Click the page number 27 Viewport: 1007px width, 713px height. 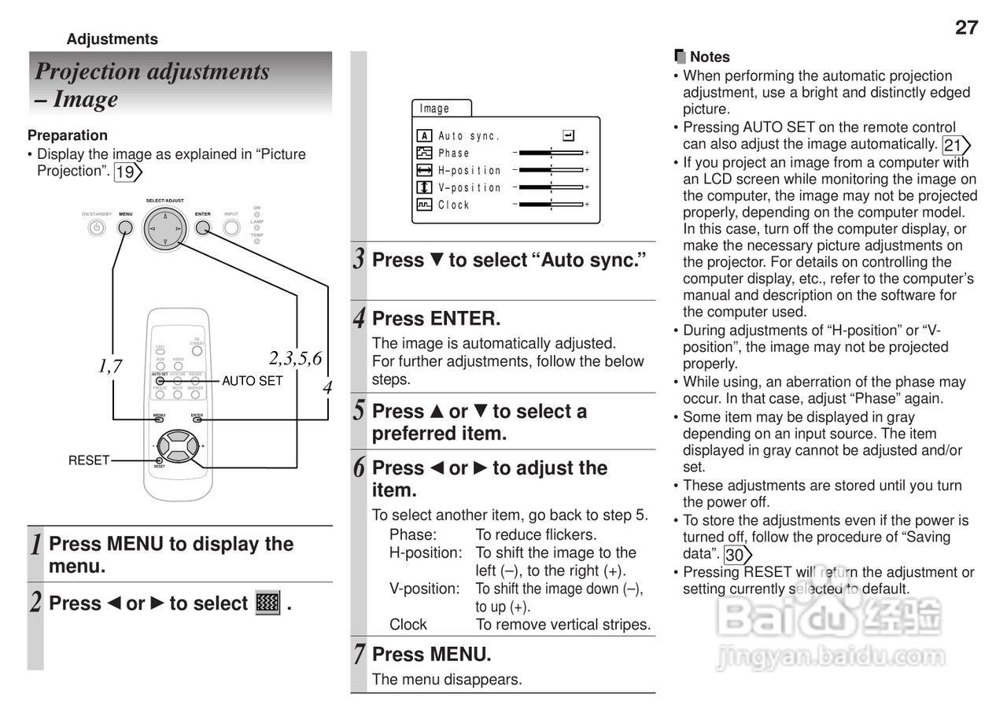point(966,28)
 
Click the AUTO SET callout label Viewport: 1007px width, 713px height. point(252,381)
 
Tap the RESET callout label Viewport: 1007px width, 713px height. point(88,460)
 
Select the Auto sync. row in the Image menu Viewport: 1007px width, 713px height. point(469,136)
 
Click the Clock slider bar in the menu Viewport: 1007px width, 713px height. point(551,205)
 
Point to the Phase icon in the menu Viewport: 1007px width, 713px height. point(424,153)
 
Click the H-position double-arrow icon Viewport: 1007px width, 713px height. point(424,170)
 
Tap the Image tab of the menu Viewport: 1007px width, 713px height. point(435,109)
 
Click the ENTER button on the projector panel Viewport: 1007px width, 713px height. point(203,227)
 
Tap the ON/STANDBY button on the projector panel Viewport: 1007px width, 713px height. point(96,227)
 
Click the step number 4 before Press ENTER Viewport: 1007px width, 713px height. point(359,319)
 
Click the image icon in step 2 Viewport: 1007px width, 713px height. point(268,604)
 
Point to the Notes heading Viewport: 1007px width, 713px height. point(709,57)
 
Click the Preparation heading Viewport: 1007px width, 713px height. point(67,135)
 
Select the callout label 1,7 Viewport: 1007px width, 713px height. point(110,365)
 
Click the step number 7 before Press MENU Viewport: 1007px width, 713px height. point(359,654)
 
